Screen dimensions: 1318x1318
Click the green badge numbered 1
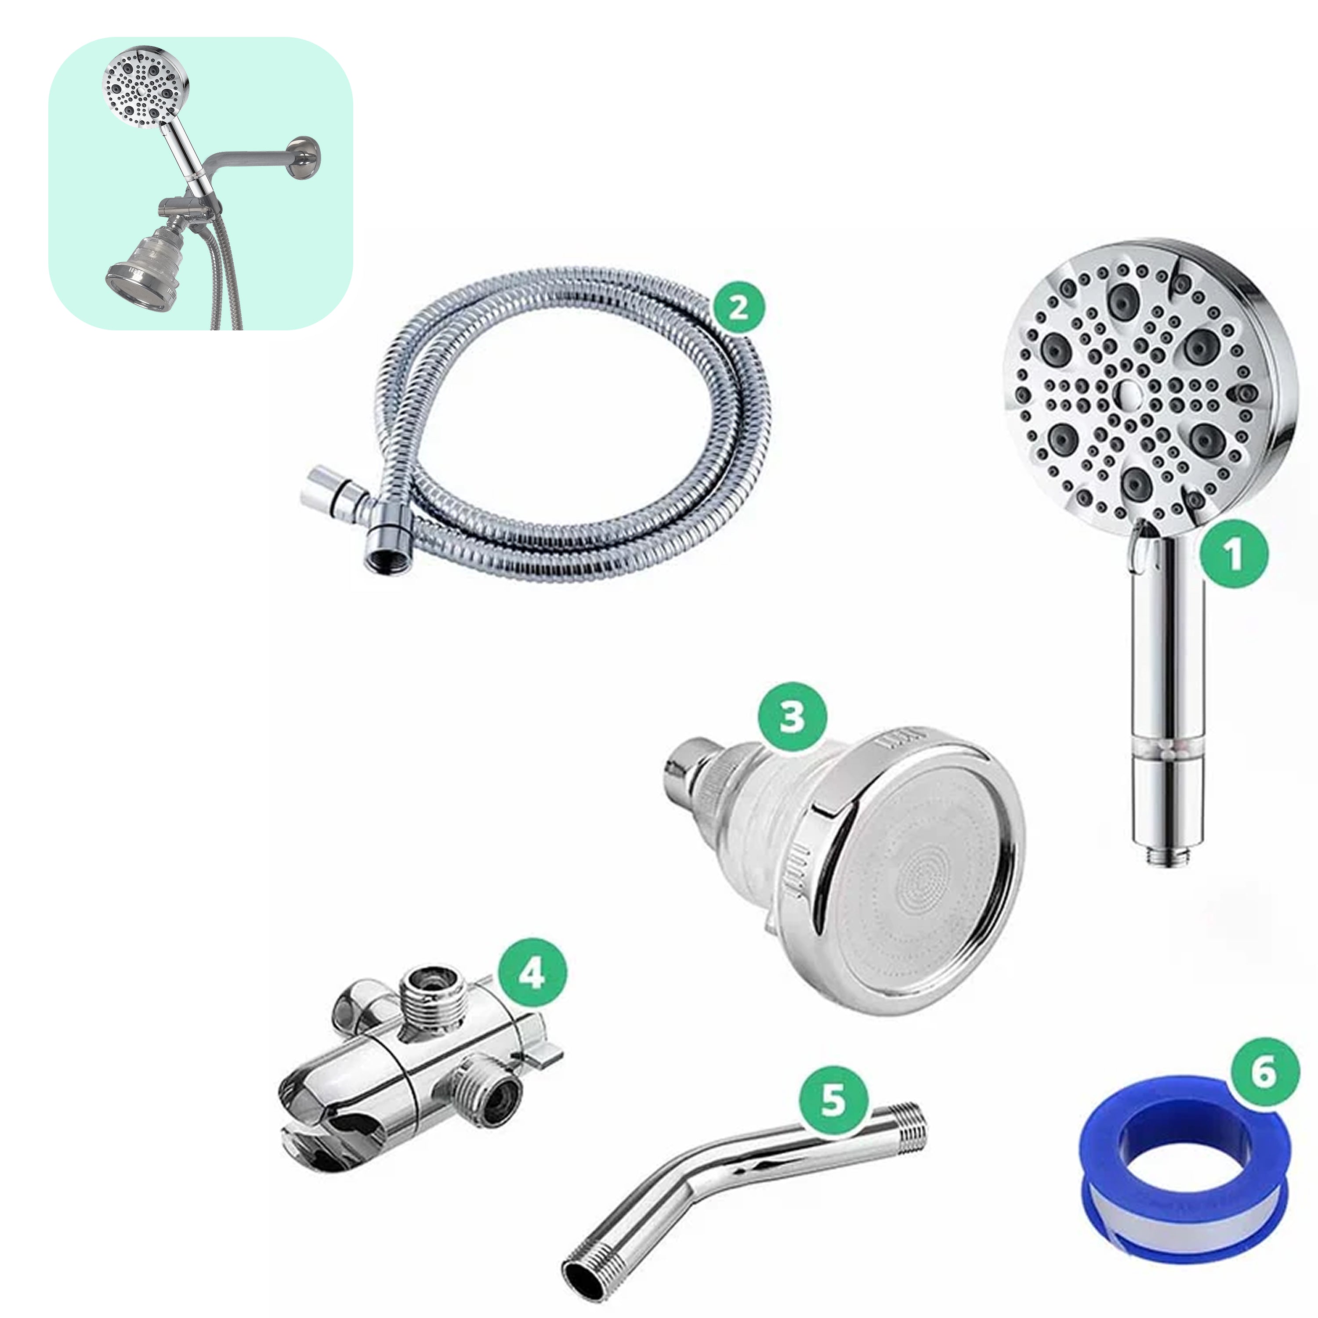[1233, 554]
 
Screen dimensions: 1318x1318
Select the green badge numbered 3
[792, 717]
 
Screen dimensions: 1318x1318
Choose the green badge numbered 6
[1264, 1072]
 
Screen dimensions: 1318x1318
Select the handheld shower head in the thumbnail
[146, 89]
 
